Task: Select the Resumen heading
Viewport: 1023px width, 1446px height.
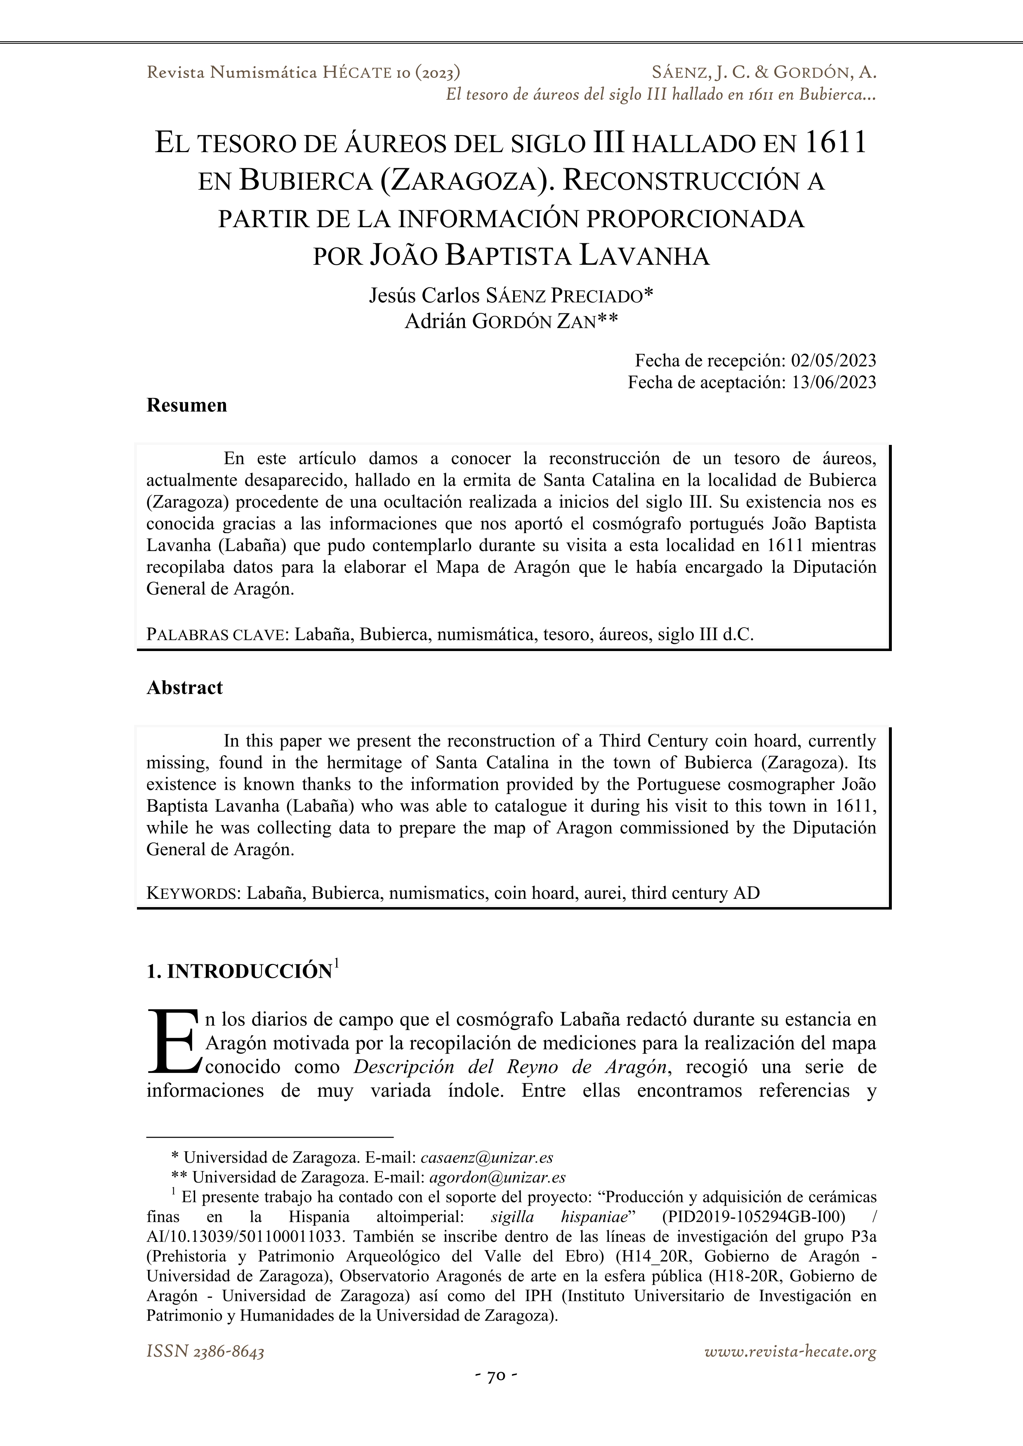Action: click(186, 405)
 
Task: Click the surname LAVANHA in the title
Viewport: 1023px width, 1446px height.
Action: click(644, 256)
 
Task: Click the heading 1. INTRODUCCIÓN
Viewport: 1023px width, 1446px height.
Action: click(239, 972)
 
